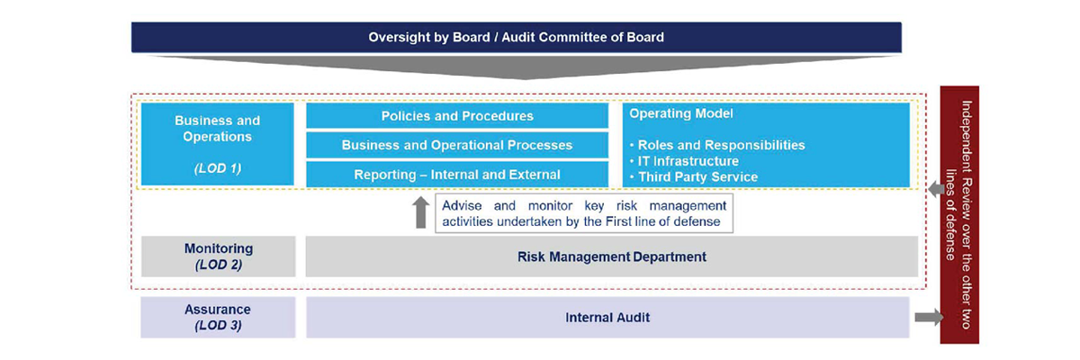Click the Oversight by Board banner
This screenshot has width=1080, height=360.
[517, 37]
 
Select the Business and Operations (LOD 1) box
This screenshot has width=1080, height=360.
[218, 144]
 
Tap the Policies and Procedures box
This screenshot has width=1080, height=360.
[457, 116]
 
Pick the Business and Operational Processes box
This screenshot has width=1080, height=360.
[457, 145]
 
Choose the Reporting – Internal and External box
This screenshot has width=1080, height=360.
[457, 175]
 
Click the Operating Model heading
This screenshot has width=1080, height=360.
[680, 113]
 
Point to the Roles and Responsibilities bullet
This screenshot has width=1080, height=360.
[717, 145]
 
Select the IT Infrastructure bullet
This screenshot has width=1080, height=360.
[684, 161]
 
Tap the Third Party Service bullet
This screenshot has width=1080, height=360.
[693, 177]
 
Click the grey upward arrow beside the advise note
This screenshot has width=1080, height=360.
[421, 212]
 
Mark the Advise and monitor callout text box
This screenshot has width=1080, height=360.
[584, 213]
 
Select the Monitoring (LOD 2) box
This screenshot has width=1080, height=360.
[219, 256]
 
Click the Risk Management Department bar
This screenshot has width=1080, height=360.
[612, 256]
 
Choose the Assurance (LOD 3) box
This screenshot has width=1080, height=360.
[218, 317]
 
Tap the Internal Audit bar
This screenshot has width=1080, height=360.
[607, 317]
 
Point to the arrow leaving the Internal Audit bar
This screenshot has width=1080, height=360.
[929, 317]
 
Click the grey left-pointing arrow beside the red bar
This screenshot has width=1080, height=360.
[936, 189]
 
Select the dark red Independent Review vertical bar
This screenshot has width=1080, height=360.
[959, 215]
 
